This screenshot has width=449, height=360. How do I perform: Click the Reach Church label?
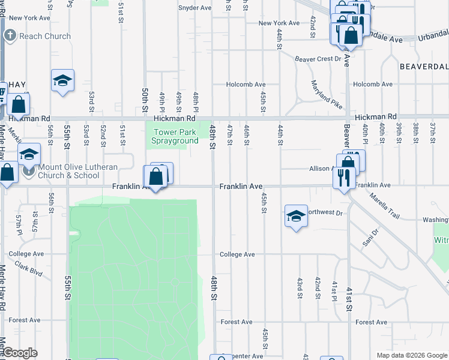(44, 36)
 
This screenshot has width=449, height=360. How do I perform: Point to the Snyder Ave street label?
(195, 8)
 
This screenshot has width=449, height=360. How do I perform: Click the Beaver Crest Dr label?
(318, 59)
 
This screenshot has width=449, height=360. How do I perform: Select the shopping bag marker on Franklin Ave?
(155, 178)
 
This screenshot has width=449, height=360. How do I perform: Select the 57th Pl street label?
(19, 224)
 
